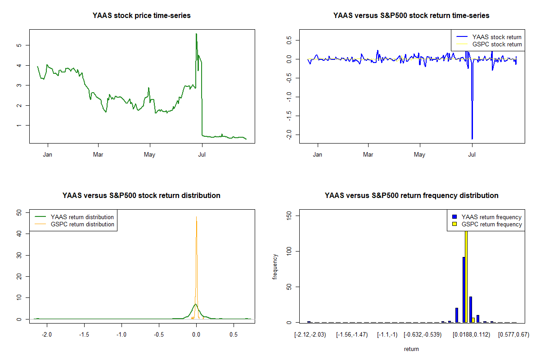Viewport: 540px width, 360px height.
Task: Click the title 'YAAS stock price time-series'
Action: pyautogui.click(x=141, y=16)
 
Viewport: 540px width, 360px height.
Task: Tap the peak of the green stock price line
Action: pyautogui.click(x=196, y=34)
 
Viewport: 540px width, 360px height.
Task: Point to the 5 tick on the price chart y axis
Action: pyautogui.click(x=19, y=45)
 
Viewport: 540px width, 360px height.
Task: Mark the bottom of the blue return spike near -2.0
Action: pyautogui.click(x=472, y=139)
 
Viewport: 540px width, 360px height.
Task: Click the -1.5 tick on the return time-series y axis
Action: pyautogui.click(x=289, y=116)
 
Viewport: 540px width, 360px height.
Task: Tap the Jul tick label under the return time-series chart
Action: pyautogui.click(x=472, y=155)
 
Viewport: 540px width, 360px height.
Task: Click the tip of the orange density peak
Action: pyautogui.click(x=196, y=217)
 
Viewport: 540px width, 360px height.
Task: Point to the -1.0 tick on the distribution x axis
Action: pyautogui.click(x=121, y=335)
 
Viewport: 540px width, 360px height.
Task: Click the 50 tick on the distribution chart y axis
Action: pyautogui.click(x=19, y=212)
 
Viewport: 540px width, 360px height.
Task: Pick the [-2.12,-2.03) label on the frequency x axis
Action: pyautogui.click(x=310, y=335)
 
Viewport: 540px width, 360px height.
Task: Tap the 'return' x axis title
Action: pyautogui.click(x=411, y=349)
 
